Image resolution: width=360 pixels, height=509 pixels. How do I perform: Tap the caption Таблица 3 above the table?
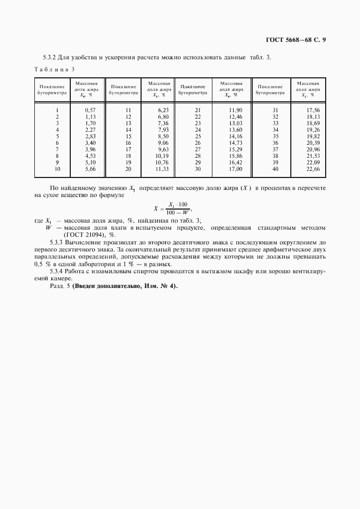click(54, 69)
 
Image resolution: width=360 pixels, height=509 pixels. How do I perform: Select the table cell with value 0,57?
click(90, 110)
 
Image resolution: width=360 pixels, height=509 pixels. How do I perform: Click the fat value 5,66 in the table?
click(90, 169)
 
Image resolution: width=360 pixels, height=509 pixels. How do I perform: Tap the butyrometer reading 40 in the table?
click(275, 169)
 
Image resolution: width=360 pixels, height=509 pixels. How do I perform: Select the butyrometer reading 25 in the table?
click(198, 136)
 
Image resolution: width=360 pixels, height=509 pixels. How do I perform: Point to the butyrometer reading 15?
click(128, 136)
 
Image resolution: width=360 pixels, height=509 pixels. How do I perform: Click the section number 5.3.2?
click(52, 57)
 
